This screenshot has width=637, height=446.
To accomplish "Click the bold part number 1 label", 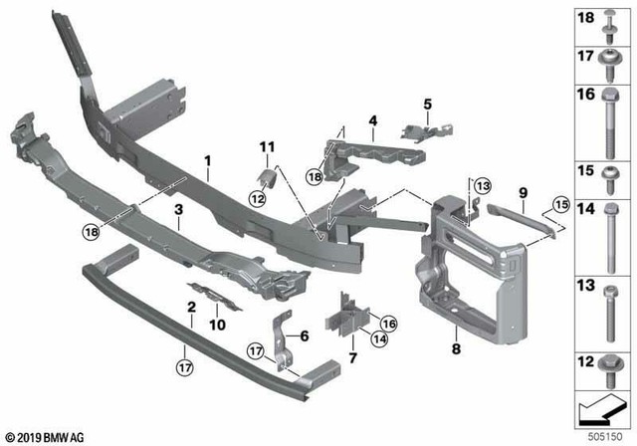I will pos(208,160).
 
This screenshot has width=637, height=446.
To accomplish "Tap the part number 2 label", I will pos(190,309).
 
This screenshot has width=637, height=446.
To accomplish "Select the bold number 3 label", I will pos(177,210).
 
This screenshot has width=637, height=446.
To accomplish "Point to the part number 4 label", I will pos(371,123).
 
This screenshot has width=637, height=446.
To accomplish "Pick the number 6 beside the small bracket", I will pos(305,334).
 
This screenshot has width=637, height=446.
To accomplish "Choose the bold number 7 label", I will pos(352,355).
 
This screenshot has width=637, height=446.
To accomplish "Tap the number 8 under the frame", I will pos(456,349).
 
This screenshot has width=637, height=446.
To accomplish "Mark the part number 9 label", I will pos(520,189).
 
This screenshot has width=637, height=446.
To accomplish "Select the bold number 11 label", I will pos(266,148).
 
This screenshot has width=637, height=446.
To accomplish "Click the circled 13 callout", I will pos(482,186).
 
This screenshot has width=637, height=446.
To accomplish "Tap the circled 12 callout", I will pos(257,198).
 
